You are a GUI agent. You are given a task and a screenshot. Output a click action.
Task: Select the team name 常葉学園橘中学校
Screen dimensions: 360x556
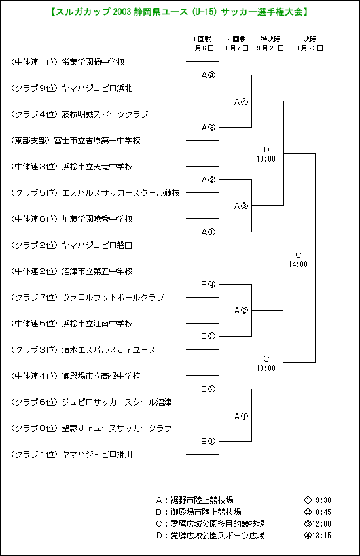point(94,62)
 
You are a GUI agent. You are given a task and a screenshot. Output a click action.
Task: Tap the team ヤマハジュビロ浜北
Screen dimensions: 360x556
point(97,88)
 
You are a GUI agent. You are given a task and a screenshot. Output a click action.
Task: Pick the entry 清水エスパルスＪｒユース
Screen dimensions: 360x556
point(109,350)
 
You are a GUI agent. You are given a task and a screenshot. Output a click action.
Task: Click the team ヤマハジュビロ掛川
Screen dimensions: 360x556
point(97,455)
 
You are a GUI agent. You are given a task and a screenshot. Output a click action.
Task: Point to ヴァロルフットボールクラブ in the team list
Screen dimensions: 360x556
point(113,298)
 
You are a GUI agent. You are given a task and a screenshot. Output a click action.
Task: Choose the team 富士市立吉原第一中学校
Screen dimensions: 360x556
point(97,141)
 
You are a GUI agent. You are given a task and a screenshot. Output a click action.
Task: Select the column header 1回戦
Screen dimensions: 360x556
point(202,39)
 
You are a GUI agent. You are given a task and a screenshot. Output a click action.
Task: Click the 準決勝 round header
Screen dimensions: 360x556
point(270,39)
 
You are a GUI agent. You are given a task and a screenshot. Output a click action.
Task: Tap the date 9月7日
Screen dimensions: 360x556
point(236,48)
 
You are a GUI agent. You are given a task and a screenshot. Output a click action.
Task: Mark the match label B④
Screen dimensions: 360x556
point(208,285)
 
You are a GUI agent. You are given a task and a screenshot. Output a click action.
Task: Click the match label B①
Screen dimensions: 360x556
point(208,442)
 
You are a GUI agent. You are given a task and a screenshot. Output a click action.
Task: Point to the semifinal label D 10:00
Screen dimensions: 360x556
point(266,154)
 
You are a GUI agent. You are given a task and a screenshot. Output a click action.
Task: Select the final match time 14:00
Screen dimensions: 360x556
point(298,264)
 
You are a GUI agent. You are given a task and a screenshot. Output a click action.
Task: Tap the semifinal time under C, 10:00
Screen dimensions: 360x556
point(266,368)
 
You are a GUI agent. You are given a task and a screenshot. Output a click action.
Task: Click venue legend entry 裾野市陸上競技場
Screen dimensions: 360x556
point(202,500)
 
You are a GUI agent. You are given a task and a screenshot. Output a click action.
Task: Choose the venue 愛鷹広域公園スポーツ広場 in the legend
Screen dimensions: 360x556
point(217,536)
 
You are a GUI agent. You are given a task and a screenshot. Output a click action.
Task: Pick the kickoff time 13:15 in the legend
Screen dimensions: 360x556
point(321,536)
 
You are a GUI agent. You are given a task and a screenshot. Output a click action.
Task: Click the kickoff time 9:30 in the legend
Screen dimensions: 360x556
point(323,500)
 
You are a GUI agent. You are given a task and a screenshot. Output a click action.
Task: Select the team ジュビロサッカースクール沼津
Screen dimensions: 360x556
point(117,402)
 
